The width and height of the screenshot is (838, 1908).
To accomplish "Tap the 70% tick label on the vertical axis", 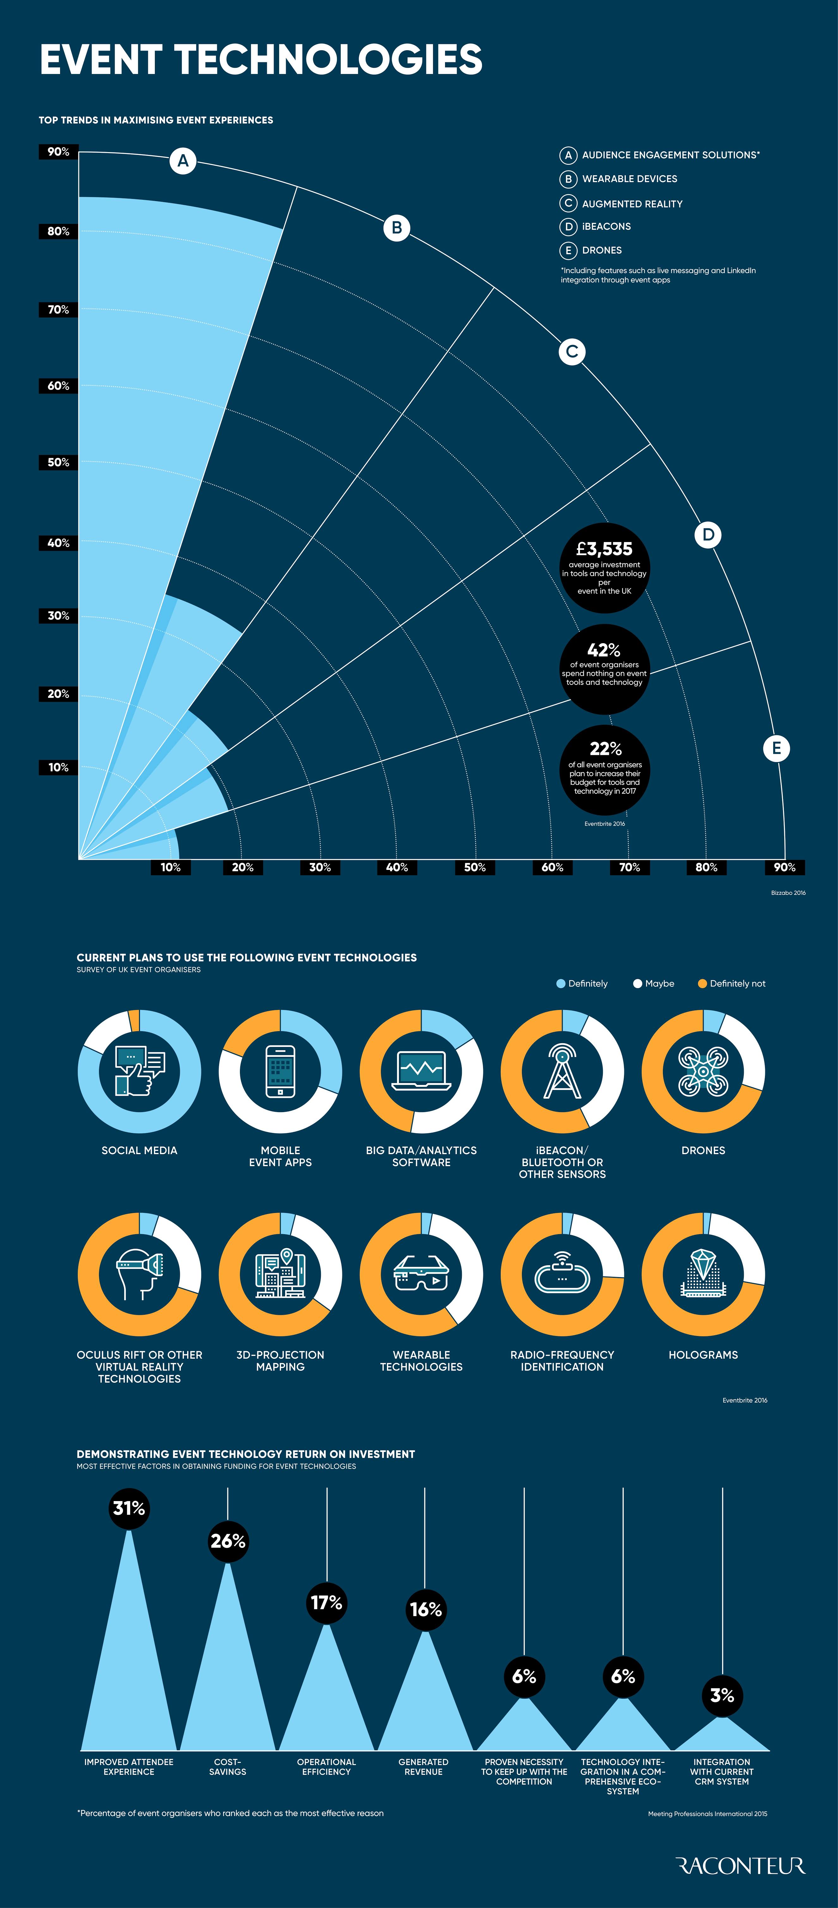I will [x=58, y=310].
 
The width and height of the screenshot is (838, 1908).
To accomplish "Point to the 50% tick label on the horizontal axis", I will [x=474, y=867].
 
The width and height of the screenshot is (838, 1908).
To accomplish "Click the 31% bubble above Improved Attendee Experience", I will [x=129, y=1508].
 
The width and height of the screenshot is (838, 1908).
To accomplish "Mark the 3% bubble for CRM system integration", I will [x=722, y=1696].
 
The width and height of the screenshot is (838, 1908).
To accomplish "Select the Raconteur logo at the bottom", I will [x=740, y=1865].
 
